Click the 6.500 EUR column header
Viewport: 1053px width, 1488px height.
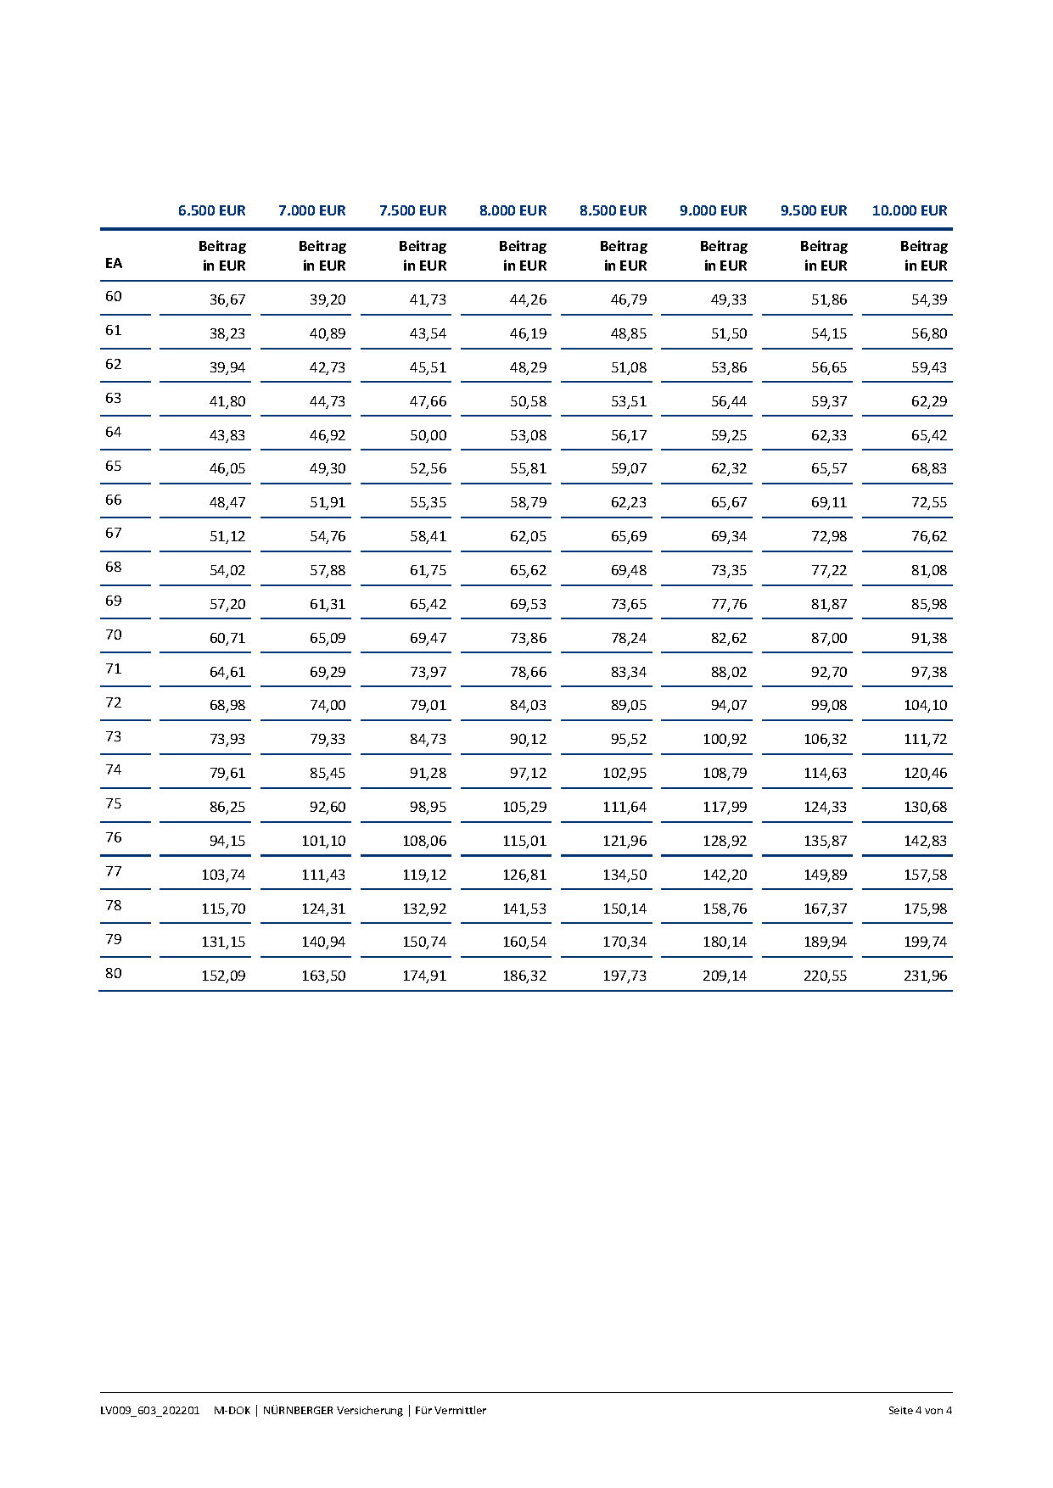pyautogui.click(x=211, y=210)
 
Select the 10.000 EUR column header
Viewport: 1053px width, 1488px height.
pyautogui.click(x=909, y=210)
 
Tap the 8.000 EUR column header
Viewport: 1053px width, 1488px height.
pyautogui.click(x=512, y=210)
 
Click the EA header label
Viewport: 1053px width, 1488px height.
pyautogui.click(x=114, y=263)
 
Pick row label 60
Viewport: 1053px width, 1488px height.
pyautogui.click(x=114, y=296)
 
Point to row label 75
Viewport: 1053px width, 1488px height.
pyautogui.click(x=114, y=803)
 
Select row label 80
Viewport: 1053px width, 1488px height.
pyautogui.click(x=114, y=973)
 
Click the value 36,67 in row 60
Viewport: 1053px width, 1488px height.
pyautogui.click(x=227, y=299)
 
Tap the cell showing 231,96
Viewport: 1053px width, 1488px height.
pyautogui.click(x=925, y=976)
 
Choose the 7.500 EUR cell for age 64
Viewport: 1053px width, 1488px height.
pyautogui.click(x=428, y=435)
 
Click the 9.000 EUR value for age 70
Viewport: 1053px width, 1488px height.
pyautogui.click(x=728, y=638)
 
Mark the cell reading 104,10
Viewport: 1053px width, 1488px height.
pyautogui.click(x=925, y=705)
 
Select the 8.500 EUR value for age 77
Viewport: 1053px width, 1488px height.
pyautogui.click(x=625, y=875)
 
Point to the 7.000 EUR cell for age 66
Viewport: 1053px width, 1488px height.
pyautogui.click(x=328, y=502)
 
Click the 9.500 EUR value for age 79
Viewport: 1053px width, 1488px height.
pyautogui.click(x=825, y=942)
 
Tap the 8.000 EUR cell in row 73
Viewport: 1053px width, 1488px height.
pyautogui.click(x=528, y=739)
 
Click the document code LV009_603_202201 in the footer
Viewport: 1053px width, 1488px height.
pyautogui.click(x=149, y=1410)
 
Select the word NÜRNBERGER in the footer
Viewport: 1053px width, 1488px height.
pyautogui.click(x=298, y=1410)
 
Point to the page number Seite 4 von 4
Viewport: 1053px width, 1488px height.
pyautogui.click(x=920, y=1410)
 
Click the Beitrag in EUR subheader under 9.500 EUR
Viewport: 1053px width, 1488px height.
pyautogui.click(x=823, y=255)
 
